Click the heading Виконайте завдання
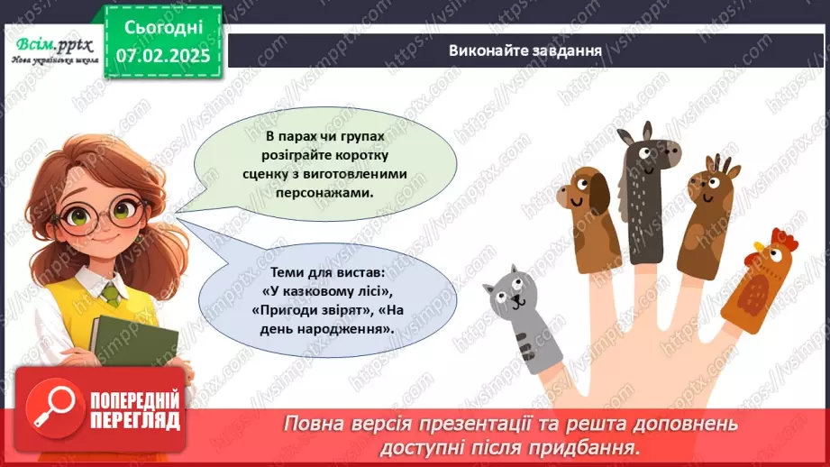pyautogui.click(x=525, y=50)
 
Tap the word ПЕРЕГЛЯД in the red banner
pyautogui.click(x=135, y=420)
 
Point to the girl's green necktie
pyautogui.click(x=111, y=294)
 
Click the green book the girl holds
pyautogui.click(x=122, y=338)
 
